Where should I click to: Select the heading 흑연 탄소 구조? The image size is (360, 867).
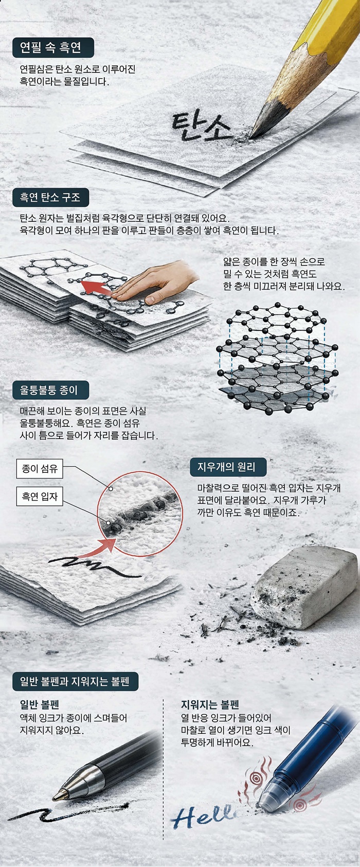click(50, 197)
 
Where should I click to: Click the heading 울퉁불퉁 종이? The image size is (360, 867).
click(49, 390)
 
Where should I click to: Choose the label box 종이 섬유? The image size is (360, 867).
click(40, 469)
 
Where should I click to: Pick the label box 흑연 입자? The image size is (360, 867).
click(40, 497)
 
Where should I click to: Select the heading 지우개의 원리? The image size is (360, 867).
click(226, 467)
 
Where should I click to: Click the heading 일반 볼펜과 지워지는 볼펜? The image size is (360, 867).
click(75, 682)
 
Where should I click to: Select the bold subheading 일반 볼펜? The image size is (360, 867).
click(40, 705)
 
